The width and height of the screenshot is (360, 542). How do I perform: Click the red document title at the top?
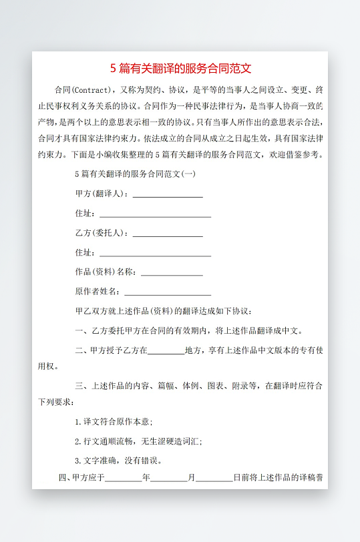(x=180, y=68)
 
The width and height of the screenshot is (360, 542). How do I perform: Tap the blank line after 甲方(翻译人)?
(x=168, y=195)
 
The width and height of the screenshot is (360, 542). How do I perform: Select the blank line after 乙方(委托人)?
(x=168, y=234)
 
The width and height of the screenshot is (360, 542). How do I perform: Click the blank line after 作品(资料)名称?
(x=172, y=273)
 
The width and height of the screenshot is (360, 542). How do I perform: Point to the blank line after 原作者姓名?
(x=168, y=292)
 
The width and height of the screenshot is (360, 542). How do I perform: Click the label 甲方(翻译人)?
(x=100, y=194)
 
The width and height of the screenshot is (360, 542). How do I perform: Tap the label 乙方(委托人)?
(x=100, y=233)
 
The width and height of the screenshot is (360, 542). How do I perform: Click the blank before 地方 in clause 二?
(x=166, y=351)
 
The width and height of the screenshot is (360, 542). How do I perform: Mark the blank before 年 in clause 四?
(x=124, y=479)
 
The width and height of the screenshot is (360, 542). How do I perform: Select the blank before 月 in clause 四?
(x=169, y=479)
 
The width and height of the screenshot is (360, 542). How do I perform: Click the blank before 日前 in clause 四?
(x=214, y=479)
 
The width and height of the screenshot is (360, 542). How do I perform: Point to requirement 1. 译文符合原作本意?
(x=114, y=422)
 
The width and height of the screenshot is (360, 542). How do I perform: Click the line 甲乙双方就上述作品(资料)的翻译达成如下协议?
(x=164, y=311)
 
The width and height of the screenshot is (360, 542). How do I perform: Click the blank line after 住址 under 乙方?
(x=155, y=254)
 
